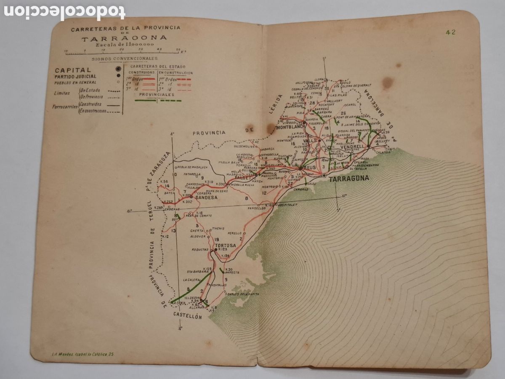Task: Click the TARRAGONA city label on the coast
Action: tap(349, 179)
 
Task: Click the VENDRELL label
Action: tap(352, 147)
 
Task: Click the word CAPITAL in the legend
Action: tap(72, 70)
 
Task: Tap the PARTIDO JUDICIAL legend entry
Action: tap(75, 77)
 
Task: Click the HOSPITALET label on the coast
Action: tap(288, 205)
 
